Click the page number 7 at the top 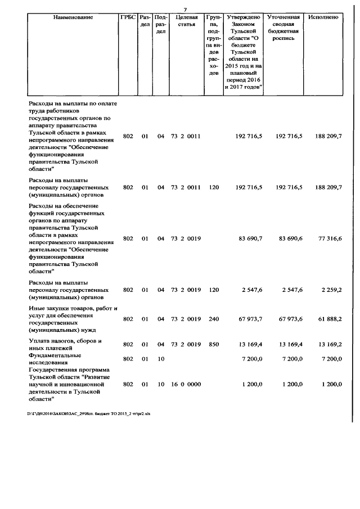pyautogui.click(x=184, y=9)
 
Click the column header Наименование pyautogui.click(x=73, y=17)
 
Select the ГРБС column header pyautogui.click(x=128, y=17)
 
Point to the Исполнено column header pyautogui.click(x=323, y=17)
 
